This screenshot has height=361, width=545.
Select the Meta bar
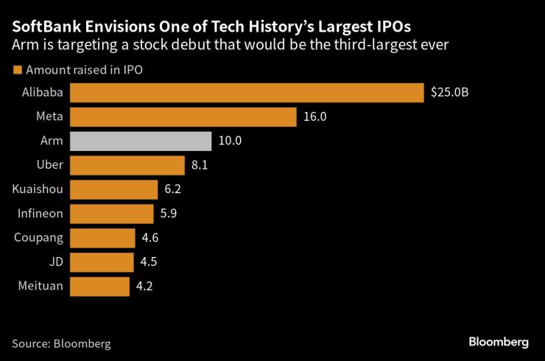pyautogui.click(x=184, y=116)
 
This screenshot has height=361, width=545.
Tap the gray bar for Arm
pyautogui.click(x=141, y=141)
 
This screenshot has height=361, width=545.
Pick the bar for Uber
pyautogui.click(x=128, y=165)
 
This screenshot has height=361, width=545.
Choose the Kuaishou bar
pyautogui.click(x=115, y=189)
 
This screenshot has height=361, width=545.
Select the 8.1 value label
pyautogui.click(x=200, y=165)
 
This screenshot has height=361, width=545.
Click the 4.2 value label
pyautogui.click(x=144, y=287)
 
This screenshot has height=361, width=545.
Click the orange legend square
pyautogui.click(x=17, y=71)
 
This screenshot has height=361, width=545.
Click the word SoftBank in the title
pyautogui.click(x=44, y=26)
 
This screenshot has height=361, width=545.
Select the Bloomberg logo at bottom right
pyautogui.click(x=499, y=342)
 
